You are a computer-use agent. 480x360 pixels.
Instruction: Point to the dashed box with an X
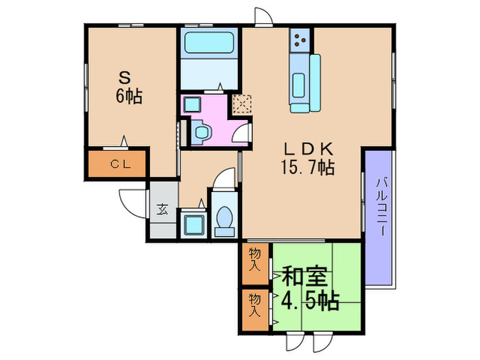click(241, 105)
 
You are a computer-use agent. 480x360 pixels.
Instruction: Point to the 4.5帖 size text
click(309, 300)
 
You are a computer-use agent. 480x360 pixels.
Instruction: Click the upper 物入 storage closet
click(255, 259)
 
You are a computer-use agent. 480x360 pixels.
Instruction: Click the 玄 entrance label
click(163, 210)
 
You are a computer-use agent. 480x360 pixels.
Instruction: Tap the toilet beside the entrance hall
click(224, 217)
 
